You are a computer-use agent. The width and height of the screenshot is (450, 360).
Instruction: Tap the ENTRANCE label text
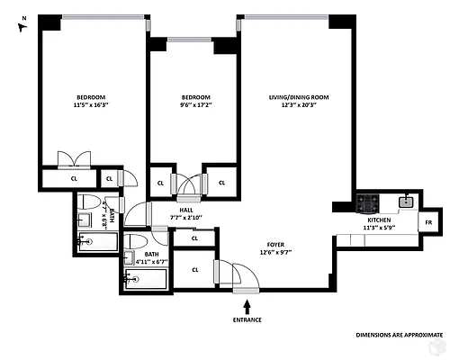coord(247,319)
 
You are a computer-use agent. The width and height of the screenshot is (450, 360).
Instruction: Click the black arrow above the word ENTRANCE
coord(247,307)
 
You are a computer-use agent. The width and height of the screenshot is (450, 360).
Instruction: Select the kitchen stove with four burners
coord(367,202)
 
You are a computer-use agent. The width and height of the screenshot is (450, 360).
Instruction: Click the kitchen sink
coord(408,201)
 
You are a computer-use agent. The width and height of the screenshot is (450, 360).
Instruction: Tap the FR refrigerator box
coord(428,221)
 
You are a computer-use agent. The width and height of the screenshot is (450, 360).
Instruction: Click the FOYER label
coord(276,244)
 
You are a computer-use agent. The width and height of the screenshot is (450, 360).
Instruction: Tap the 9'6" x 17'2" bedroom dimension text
coord(195,105)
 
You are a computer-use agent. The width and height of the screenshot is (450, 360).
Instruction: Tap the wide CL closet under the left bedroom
coord(74,178)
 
